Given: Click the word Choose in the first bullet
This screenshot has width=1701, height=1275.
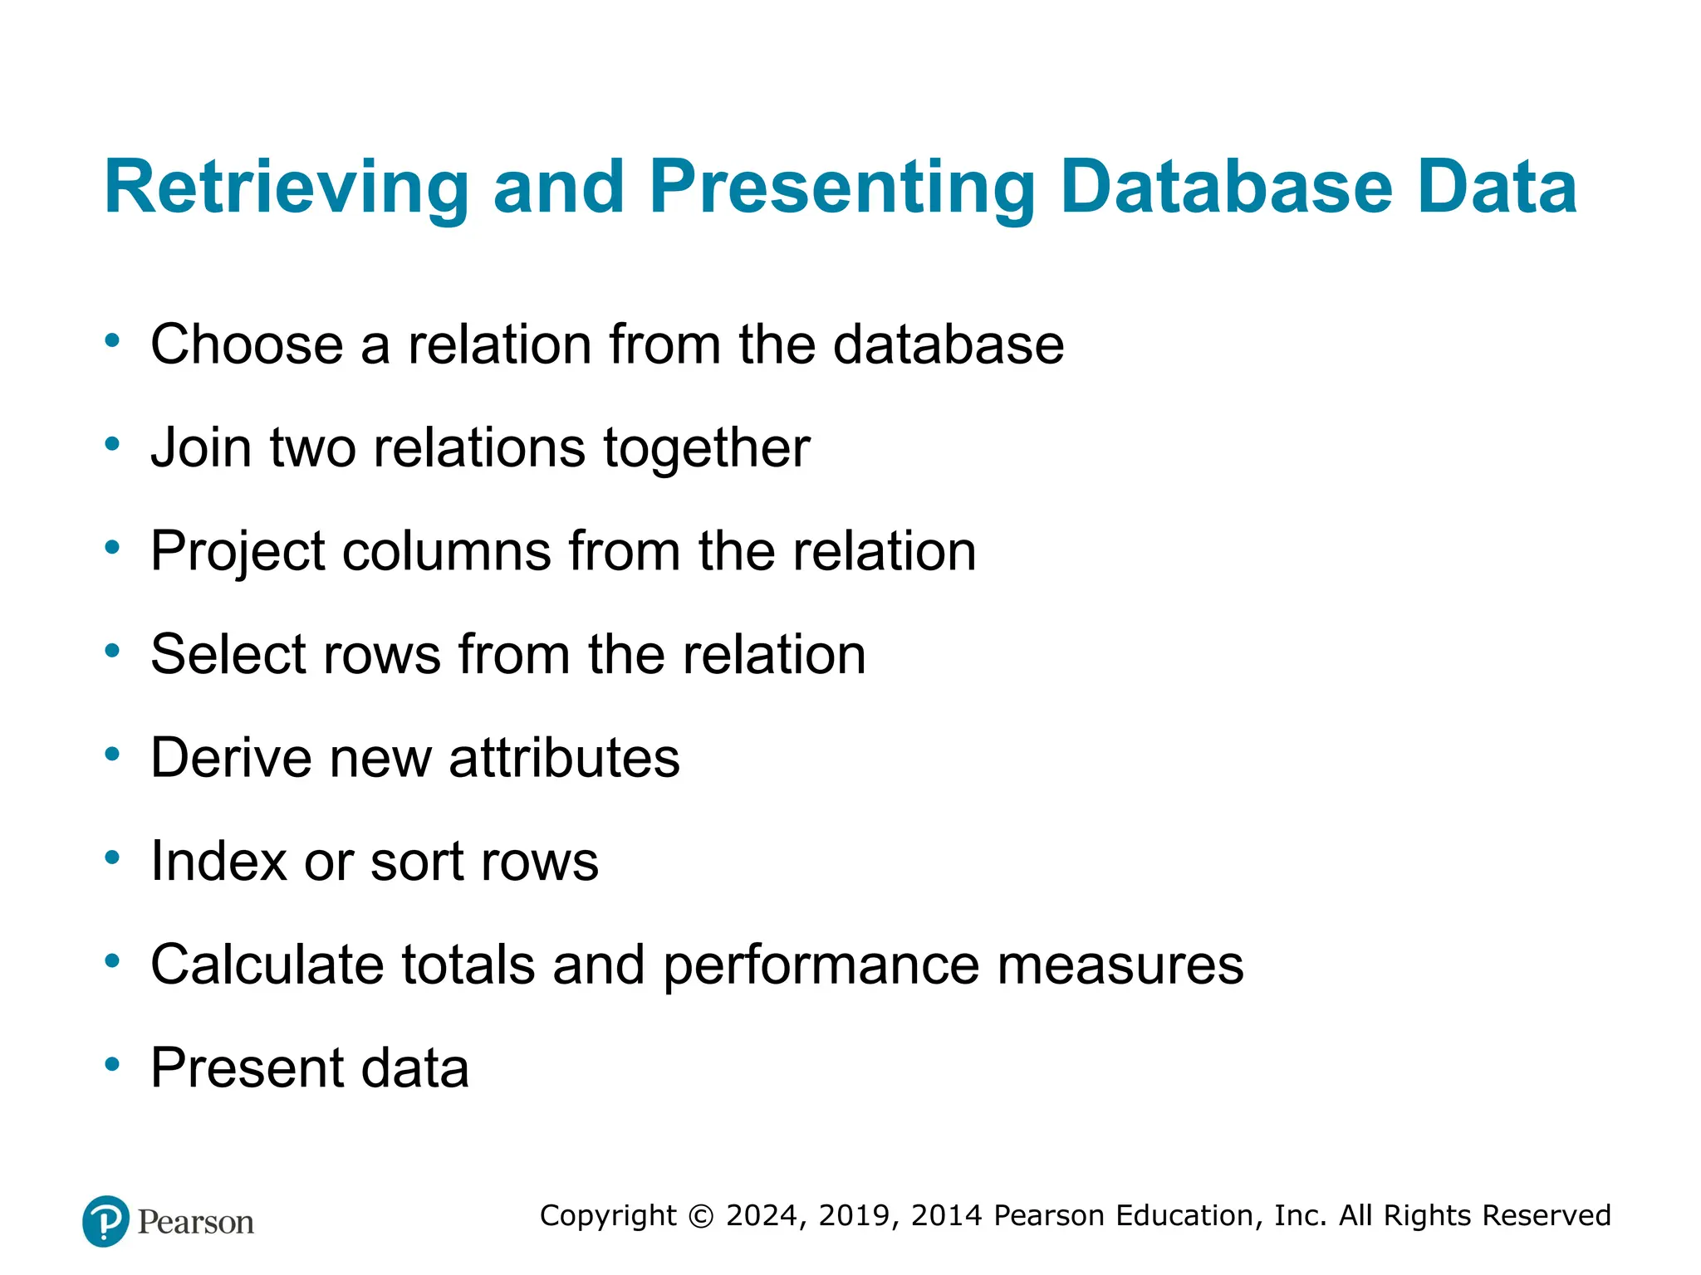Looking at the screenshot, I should (x=247, y=344).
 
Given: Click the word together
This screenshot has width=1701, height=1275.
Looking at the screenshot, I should (x=706, y=448).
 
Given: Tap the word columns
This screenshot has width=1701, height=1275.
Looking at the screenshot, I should (x=446, y=551).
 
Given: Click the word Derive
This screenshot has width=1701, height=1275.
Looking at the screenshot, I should (x=231, y=758).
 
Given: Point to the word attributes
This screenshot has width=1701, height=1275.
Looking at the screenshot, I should (x=564, y=758).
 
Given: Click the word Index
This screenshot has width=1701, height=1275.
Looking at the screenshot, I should (x=218, y=861).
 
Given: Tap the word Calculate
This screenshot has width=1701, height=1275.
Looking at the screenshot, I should (x=267, y=965).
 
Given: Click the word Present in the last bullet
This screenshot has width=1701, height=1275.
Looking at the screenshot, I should (x=247, y=1068).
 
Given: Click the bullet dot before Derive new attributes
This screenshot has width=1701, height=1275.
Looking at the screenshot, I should (x=113, y=755).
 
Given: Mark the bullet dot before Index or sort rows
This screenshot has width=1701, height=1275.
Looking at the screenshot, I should (x=113, y=857).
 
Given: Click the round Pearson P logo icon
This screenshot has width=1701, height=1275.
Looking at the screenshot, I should (x=106, y=1221).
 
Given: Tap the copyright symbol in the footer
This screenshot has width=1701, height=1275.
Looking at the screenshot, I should (x=701, y=1216).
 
